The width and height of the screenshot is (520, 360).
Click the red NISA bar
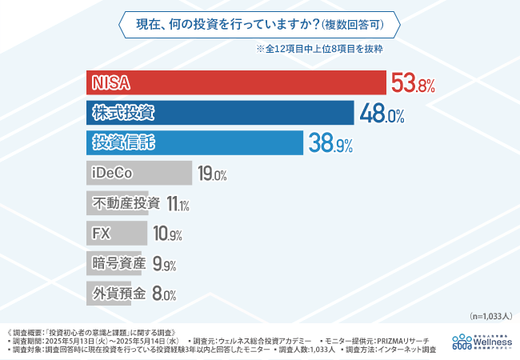tap(236, 84)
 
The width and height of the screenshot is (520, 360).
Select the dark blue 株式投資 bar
tap(220, 114)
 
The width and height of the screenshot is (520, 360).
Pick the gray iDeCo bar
tap(138, 174)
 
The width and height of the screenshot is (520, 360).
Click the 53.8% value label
tap(413, 84)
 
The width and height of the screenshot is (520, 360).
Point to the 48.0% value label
tap(382, 114)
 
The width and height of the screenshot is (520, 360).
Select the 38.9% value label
tap(331, 144)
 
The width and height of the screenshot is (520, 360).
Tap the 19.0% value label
tap(213, 174)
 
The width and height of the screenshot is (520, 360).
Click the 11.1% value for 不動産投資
tap(178, 204)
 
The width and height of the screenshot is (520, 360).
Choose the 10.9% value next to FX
tap(167, 234)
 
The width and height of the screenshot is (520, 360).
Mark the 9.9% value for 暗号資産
tap(164, 265)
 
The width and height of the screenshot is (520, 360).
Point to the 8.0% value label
tap(164, 294)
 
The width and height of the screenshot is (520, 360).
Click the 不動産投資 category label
tap(126, 203)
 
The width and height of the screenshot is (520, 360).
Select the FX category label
tap(102, 234)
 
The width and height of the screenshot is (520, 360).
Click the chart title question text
tap(259, 24)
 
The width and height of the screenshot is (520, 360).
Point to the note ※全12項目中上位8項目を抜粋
tap(319, 49)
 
